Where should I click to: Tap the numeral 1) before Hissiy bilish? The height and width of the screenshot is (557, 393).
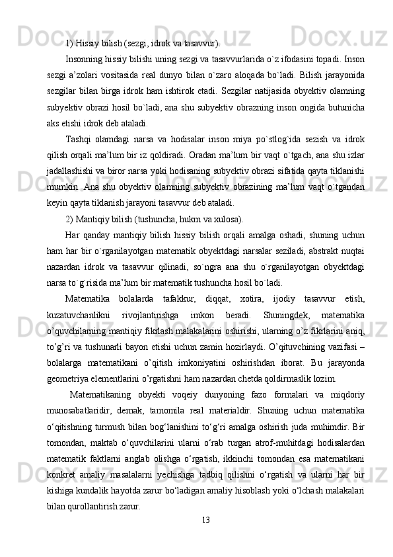[x=69, y=44]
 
